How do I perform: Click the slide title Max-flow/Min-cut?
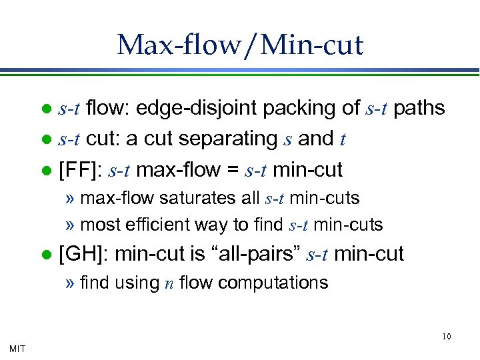240,45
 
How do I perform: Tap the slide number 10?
447,336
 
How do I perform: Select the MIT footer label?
17,347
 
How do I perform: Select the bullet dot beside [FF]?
46,170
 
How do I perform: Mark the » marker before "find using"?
70,283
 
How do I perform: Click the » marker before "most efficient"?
70,225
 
